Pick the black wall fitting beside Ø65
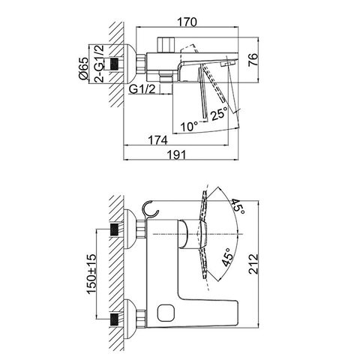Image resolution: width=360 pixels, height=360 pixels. coord(116,65)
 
